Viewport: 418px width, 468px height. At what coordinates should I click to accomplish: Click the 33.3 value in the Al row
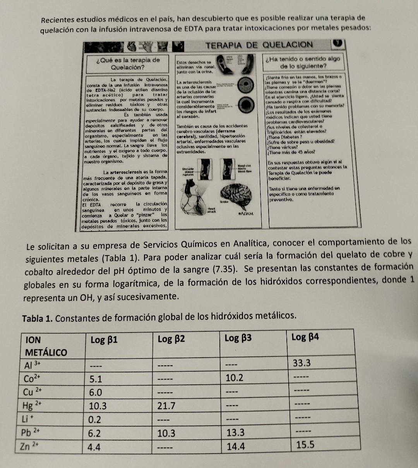coord(302,363)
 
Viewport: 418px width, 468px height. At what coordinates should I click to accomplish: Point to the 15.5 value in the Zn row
coord(305,445)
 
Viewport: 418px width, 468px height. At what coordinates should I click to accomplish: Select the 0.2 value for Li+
coord(95,419)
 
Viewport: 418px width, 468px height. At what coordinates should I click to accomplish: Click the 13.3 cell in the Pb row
coord(236,432)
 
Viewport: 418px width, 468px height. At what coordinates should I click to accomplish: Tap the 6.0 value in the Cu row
coord(96,392)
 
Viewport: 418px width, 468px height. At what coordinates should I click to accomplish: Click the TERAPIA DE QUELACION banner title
coord(259,45)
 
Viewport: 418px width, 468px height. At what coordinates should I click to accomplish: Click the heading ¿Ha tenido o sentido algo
coord(303,59)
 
